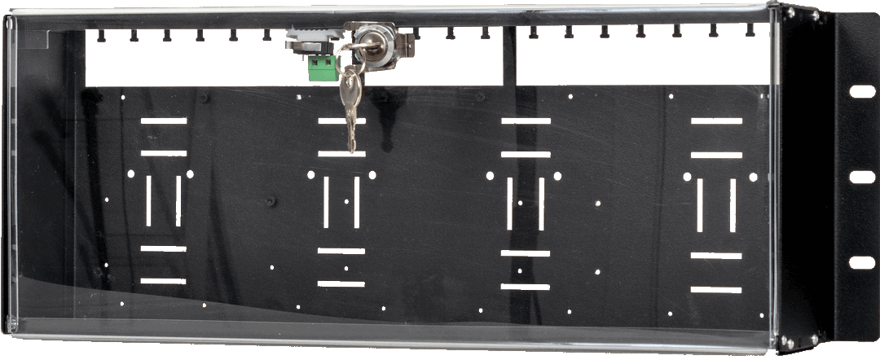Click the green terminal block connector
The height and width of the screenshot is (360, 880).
click(x=323, y=71)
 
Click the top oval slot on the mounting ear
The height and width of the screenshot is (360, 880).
click(x=861, y=91)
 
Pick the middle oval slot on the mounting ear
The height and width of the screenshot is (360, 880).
click(x=861, y=177)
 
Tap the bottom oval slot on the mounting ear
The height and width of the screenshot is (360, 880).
click(x=861, y=262)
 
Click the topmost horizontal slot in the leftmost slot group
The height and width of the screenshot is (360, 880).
click(x=163, y=121)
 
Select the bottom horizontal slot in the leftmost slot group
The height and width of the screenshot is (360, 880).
click(x=163, y=281)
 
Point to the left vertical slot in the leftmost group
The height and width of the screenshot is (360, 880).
click(x=148, y=200)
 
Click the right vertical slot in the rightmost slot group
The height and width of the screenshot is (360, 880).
click(x=733, y=205)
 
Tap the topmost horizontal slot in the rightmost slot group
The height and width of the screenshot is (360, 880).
click(x=716, y=121)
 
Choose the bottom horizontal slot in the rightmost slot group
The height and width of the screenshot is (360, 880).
click(x=716, y=289)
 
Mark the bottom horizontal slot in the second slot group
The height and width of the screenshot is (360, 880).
click(x=341, y=283)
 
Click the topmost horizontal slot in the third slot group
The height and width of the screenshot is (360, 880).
click(x=526, y=121)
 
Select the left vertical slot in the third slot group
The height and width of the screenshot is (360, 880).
click(x=509, y=203)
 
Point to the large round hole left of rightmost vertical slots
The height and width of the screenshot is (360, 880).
click(x=687, y=177)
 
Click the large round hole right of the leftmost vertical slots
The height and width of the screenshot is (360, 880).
click(x=191, y=174)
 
